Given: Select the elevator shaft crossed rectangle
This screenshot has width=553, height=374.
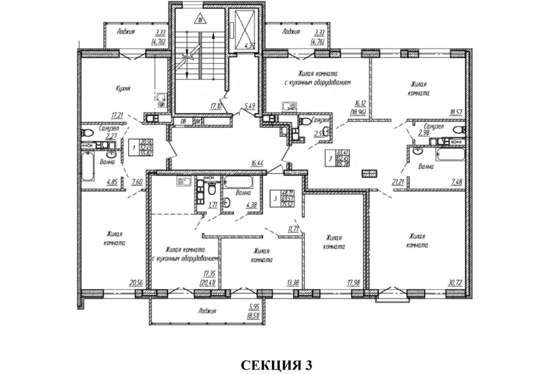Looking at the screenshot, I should (245, 26).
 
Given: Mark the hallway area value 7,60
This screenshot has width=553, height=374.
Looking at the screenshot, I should (137, 182).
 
